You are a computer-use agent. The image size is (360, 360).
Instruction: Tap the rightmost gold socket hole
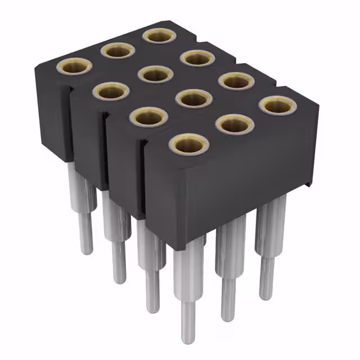tap(277, 105)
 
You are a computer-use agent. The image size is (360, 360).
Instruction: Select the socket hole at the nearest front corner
tap(188, 145)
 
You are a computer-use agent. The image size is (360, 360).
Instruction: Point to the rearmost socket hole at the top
tap(159, 35)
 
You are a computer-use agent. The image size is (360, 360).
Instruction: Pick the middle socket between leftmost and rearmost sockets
tap(118, 51)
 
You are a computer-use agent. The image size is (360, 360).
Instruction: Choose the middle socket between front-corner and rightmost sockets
tap(235, 124)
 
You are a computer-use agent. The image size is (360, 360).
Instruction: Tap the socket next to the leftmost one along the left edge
tap(111, 91)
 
